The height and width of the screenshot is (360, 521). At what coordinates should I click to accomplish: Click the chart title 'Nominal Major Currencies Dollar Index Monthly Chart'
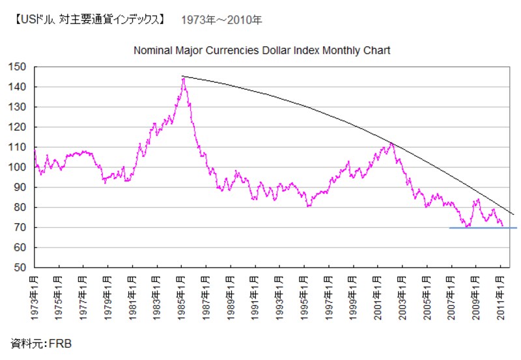[x=262, y=50]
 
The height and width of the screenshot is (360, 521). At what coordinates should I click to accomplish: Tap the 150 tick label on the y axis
[x=18, y=66]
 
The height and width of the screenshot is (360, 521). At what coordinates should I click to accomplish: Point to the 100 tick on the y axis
[x=18, y=167]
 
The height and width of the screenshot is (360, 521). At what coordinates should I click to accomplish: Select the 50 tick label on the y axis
[x=20, y=268]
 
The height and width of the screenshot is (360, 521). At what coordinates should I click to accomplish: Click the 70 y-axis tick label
[x=20, y=228]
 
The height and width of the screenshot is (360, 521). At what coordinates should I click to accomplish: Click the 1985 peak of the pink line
[x=183, y=79]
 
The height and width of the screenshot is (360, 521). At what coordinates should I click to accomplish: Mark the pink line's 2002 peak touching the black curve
[x=391, y=143]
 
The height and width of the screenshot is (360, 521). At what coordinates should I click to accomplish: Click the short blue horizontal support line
[x=483, y=228]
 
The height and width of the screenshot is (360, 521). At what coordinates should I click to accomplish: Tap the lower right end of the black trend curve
[x=513, y=214]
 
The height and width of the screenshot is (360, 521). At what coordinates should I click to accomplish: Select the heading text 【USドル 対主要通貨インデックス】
[x=88, y=20]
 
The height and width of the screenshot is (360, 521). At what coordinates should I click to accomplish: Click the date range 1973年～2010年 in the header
[x=222, y=20]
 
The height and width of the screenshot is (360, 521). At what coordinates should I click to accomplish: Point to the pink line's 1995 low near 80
[x=309, y=206]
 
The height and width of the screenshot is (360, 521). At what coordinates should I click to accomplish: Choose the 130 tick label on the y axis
[x=18, y=107]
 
